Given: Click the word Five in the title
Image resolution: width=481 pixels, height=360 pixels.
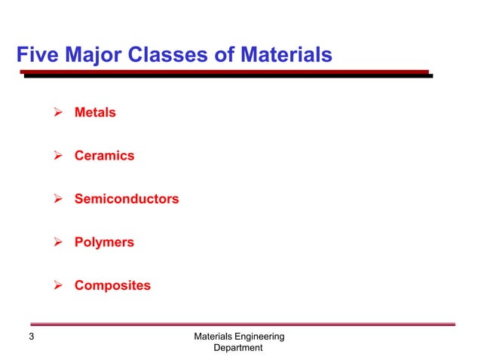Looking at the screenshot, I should [x=35, y=55].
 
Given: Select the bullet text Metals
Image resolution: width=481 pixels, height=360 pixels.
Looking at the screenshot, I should [x=95, y=113].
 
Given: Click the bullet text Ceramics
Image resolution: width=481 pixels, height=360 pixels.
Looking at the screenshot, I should [x=104, y=156].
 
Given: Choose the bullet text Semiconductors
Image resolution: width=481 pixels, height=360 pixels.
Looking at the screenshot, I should [x=127, y=200].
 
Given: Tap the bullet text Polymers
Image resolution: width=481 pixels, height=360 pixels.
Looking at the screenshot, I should [x=104, y=243].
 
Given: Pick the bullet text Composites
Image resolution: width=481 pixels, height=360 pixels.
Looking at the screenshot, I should [x=112, y=286].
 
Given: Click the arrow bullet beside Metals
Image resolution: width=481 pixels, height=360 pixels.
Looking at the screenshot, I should [x=54, y=113].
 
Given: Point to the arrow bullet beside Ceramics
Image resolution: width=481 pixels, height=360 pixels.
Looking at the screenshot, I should [x=54, y=157].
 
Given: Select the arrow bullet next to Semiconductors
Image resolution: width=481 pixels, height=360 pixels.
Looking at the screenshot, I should [x=54, y=200].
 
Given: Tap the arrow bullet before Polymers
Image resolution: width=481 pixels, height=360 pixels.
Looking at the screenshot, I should [x=54, y=243].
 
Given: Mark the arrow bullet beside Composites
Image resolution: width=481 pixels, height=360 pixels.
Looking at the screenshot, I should [x=54, y=286].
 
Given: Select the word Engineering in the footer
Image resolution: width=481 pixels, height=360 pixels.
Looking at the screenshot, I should [x=259, y=336].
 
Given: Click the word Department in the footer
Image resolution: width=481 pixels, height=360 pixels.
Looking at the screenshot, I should [x=238, y=348].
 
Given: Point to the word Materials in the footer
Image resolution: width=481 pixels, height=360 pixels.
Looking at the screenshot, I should [x=213, y=336].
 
